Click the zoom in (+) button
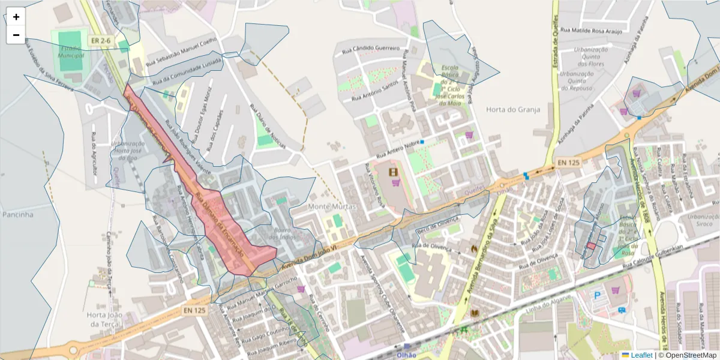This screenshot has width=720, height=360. coord(16,17)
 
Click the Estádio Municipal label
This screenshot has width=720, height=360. coord(71,52)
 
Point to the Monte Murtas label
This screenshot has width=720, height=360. coord(332,206)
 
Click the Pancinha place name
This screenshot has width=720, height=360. coord(17,214)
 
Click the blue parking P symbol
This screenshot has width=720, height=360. coord(597,295)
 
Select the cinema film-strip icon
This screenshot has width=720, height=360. coord(394,173)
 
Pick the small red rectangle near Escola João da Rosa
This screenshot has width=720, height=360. coord(590,245)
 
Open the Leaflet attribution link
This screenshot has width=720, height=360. coord(641,355)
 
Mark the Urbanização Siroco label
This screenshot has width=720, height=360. coord(703,220)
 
